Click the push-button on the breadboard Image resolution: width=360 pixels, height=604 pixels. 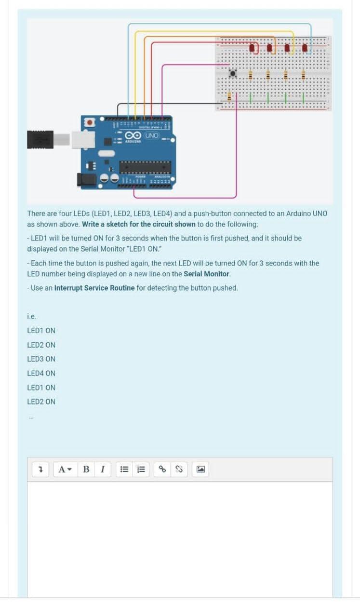click(233, 74)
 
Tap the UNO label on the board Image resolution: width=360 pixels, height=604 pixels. click(152, 136)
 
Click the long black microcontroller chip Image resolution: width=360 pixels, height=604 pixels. click(145, 167)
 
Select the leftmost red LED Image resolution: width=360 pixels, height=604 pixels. click(253, 48)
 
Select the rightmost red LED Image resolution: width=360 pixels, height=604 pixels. click(305, 48)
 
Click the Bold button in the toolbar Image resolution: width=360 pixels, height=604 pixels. click(86, 469)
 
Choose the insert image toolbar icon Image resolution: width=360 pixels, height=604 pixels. click(201, 469)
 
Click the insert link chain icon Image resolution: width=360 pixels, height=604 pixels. click(162, 469)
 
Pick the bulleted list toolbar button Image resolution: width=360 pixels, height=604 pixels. click(124, 469)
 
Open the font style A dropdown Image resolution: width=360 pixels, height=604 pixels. click(65, 469)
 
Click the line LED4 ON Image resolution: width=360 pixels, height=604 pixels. click(41, 373)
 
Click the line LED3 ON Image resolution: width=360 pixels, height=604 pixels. click(41, 359)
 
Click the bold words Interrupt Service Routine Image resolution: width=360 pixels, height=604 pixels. click(94, 288)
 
